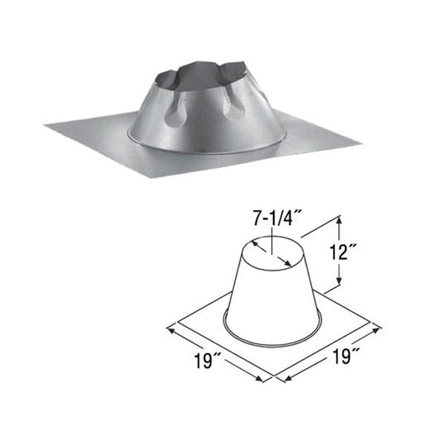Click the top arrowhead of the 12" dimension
pos(339,220)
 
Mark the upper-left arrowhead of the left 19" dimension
pos(170,328)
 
